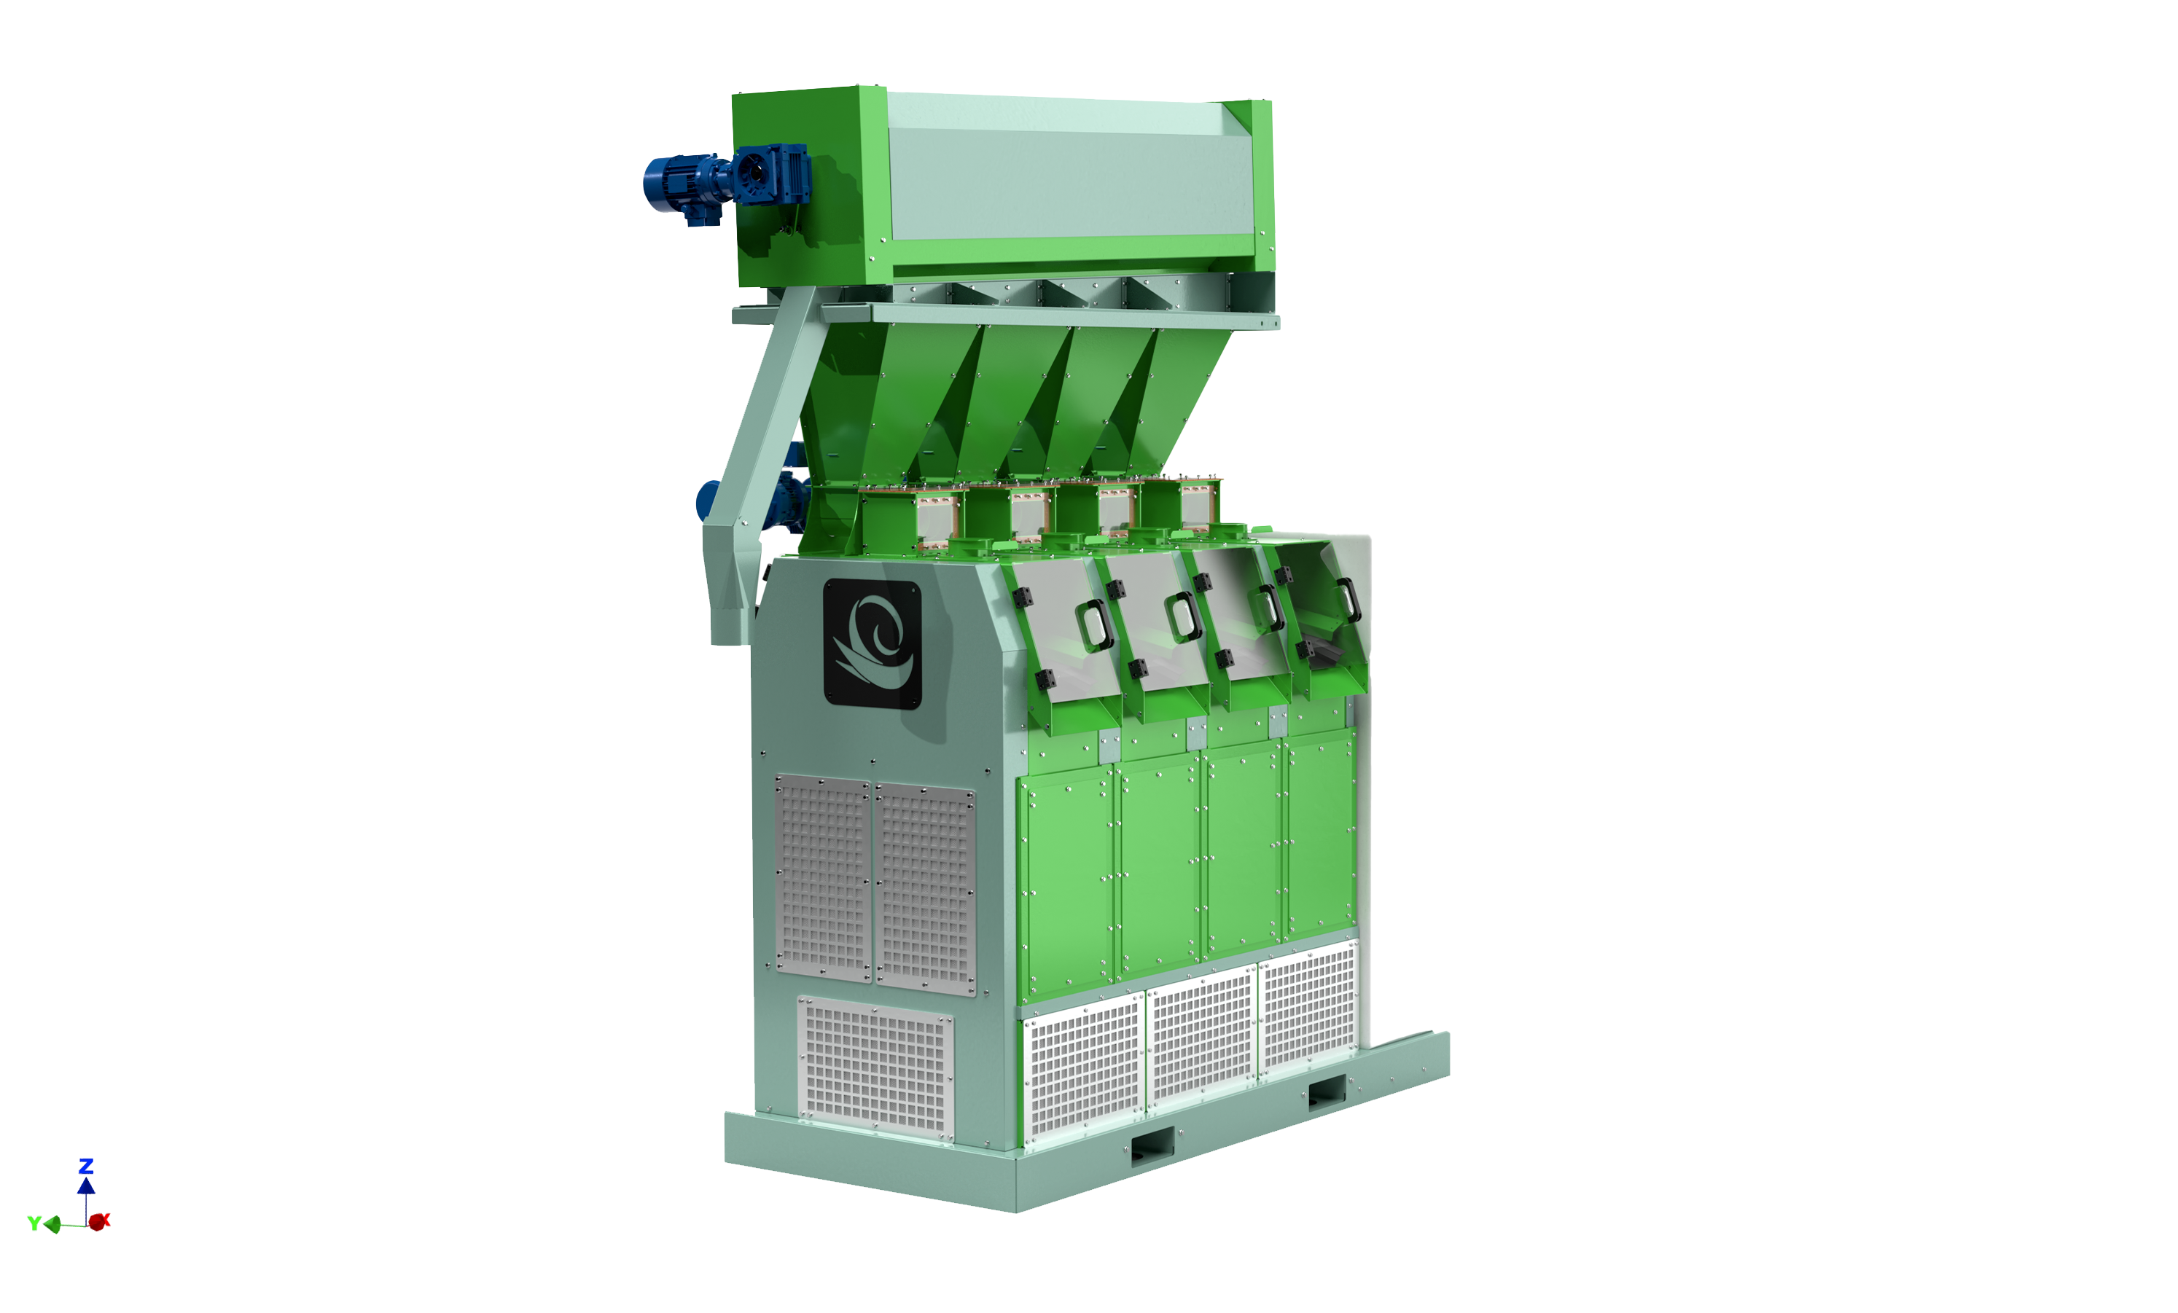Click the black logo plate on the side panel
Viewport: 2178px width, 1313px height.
[872, 643]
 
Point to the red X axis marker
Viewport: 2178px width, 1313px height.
[98, 1222]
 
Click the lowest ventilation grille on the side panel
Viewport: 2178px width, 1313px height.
[875, 1068]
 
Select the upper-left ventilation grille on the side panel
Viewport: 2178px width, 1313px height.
[823, 878]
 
